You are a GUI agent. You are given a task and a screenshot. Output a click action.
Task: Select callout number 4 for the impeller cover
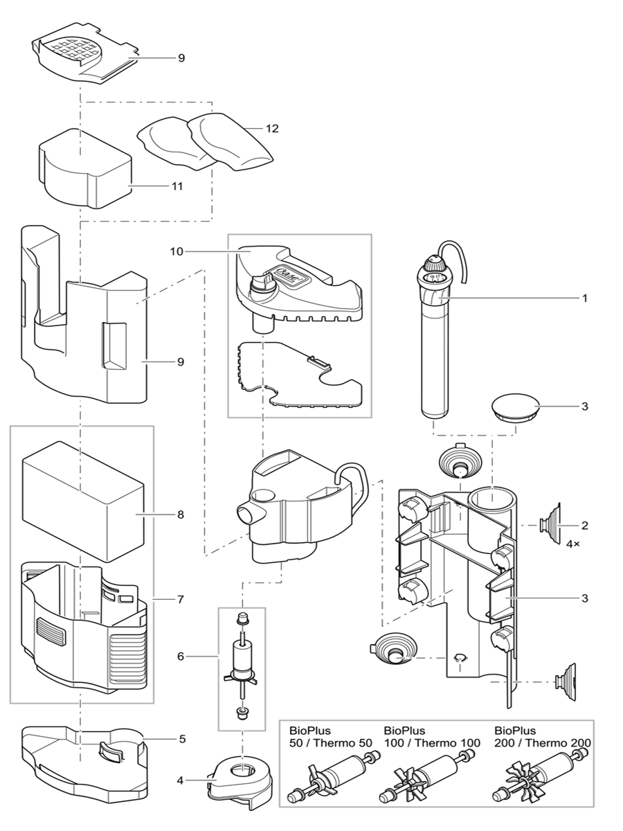click(x=182, y=780)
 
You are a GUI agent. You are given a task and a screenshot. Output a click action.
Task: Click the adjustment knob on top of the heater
click(x=435, y=264)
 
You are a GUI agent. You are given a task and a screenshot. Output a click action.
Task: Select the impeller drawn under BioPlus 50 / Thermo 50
click(x=331, y=777)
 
